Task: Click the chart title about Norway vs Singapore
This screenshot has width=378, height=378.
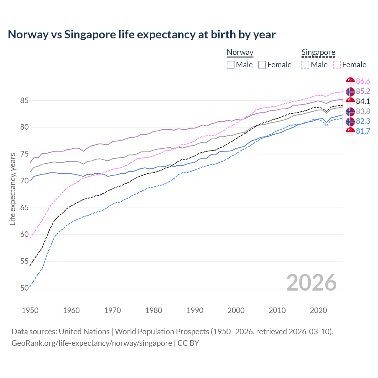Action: [141, 35]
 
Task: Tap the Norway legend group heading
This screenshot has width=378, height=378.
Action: [240, 52]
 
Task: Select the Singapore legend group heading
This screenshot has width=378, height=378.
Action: [318, 52]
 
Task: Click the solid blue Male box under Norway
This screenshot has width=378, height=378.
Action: [231, 65]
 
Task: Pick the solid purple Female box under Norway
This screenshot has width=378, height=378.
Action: [262, 65]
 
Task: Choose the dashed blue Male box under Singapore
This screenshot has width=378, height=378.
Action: [305, 65]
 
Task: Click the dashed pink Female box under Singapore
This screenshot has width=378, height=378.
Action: [337, 65]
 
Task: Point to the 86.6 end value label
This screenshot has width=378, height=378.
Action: [363, 81]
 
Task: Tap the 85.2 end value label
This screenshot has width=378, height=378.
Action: [363, 91]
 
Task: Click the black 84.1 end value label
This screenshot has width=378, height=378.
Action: [363, 101]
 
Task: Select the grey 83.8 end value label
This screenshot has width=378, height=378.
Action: [363, 111]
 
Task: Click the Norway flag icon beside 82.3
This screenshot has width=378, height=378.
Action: [350, 121]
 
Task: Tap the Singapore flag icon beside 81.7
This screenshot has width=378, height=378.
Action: [350, 131]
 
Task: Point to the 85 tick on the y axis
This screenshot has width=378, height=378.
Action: [24, 101]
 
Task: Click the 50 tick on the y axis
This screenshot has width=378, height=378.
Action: [24, 288]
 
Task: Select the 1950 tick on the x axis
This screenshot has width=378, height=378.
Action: [30, 310]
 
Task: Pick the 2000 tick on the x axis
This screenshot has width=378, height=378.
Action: [236, 310]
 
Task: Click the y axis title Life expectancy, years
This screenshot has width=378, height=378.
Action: [13, 189]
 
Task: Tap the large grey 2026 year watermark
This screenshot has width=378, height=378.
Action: [311, 283]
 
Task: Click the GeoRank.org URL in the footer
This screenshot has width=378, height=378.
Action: [92, 343]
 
